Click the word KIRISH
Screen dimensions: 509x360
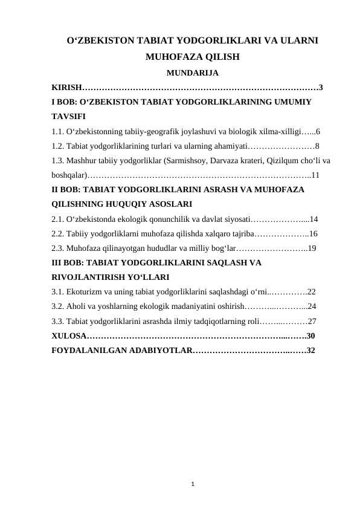pyautogui.click(x=66, y=87)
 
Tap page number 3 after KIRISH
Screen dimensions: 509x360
pyautogui.click(x=321, y=87)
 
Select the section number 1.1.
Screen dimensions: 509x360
pyautogui.click(x=59, y=131)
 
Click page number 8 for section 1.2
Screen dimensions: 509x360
pyautogui.click(x=318, y=146)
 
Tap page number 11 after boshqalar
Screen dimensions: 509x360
pyautogui.click(x=315, y=175)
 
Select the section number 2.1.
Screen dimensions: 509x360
pyautogui.click(x=59, y=219)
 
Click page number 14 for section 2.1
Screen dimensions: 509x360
pyautogui.click(x=313, y=219)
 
